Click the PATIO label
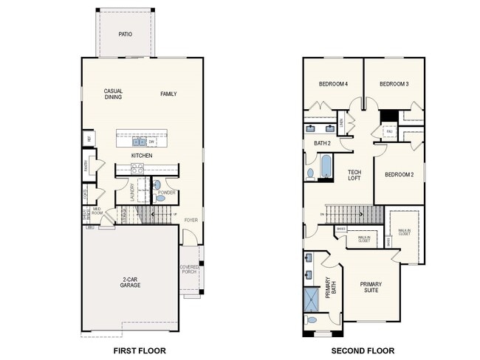[126, 34]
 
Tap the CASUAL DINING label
[113, 94]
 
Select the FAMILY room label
[169, 94]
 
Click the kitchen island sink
[138, 142]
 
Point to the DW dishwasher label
[151, 142]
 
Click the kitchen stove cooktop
[137, 169]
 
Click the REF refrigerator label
[89, 137]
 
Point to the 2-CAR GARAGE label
[131, 281]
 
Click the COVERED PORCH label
[190, 271]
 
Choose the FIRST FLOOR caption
[139, 350]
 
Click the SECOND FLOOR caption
[363, 350]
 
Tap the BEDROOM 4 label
[333, 84]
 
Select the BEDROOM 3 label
[394, 84]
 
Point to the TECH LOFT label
[354, 175]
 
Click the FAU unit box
[389, 132]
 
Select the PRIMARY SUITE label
[371, 287]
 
